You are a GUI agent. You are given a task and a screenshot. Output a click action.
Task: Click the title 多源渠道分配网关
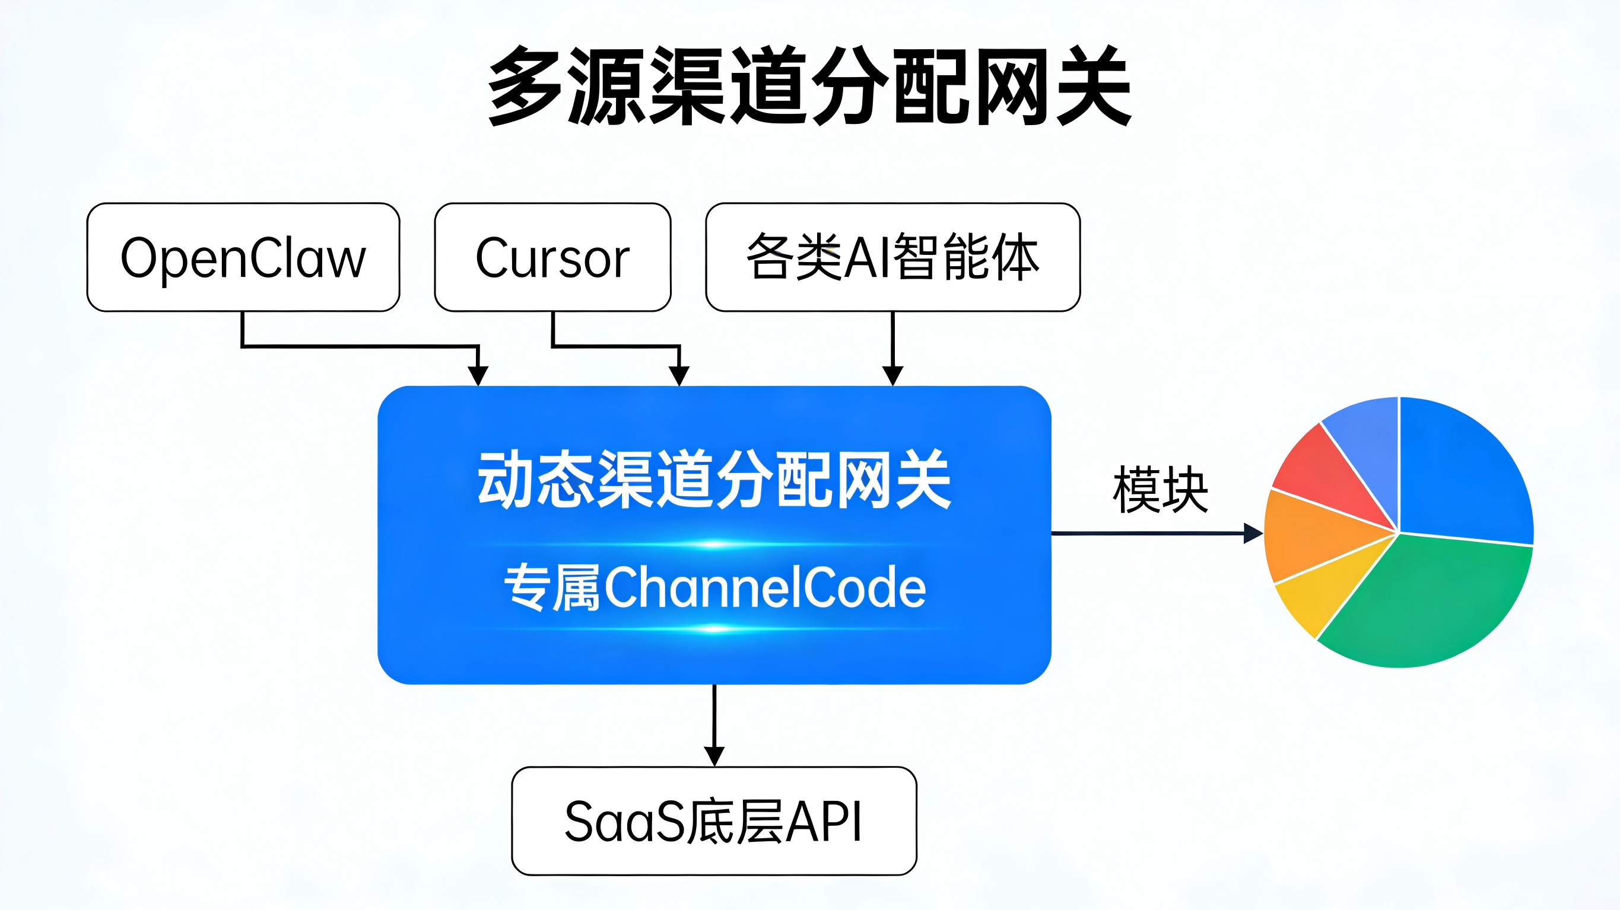(810, 85)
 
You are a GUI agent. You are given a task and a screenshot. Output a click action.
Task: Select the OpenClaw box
(243, 257)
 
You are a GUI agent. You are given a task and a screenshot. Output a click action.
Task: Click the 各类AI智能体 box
(892, 257)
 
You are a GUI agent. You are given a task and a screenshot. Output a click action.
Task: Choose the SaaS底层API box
(714, 820)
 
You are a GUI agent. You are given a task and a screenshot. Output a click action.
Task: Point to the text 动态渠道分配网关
(714, 479)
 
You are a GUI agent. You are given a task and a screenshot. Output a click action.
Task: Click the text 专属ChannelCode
(714, 587)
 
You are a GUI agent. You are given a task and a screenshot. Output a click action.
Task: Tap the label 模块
(1160, 490)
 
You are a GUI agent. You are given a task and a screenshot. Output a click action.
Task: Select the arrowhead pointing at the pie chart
(1253, 534)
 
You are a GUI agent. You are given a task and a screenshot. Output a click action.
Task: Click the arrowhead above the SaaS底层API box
(714, 755)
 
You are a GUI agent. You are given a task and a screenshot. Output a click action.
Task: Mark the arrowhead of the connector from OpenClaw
(478, 376)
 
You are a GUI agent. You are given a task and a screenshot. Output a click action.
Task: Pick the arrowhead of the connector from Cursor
(679, 376)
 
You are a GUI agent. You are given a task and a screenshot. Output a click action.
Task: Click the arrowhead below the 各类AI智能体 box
(892, 376)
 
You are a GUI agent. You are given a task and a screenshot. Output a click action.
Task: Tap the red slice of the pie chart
(1327, 474)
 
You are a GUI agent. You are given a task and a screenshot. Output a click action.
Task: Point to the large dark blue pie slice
(1459, 478)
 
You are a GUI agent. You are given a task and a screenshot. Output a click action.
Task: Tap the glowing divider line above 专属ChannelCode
(714, 544)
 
